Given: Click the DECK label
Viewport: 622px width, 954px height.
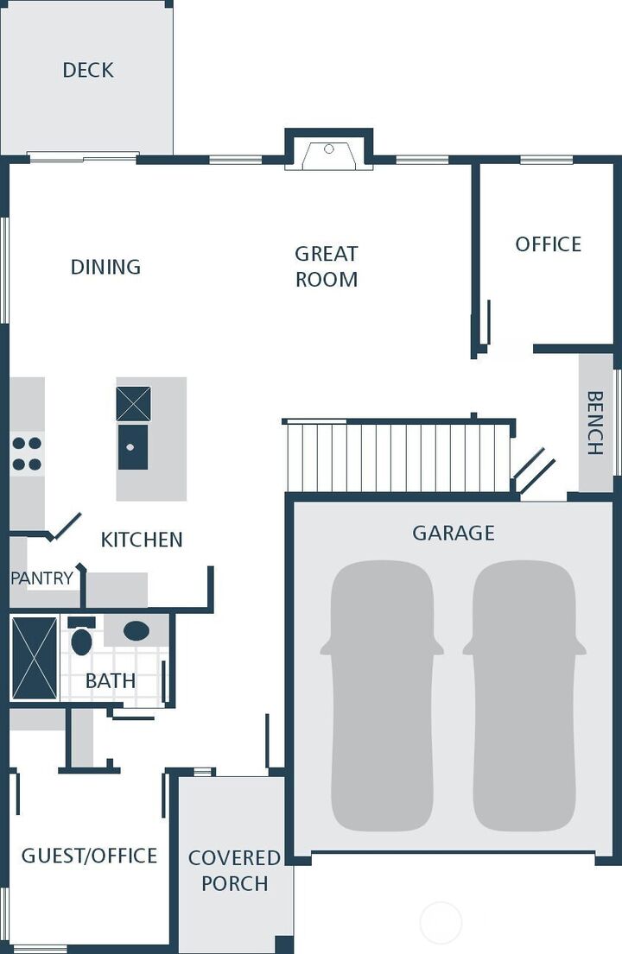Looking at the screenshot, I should pos(88,70).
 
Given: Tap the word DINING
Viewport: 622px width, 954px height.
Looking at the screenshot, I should pos(105,267).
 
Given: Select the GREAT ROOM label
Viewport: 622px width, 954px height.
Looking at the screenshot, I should pos(327,266).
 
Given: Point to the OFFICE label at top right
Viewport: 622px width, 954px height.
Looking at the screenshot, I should pos(548,244).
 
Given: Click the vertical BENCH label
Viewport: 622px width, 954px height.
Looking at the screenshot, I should pos(595,423).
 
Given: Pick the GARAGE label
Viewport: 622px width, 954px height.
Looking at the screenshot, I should pos(454,533).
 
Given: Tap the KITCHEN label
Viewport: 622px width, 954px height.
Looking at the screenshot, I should pos(142,540).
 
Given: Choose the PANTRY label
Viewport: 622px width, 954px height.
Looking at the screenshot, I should pos(41,578).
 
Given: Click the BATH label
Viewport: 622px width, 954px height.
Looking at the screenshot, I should pos(111,680).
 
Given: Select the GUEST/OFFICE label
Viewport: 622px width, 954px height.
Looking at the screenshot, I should pos(89,856).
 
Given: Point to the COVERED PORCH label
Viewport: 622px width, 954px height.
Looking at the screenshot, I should pos(234,870).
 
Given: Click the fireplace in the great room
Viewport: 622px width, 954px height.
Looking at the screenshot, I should pos(329,155).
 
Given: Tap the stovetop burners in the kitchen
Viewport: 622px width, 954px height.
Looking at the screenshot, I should pos(27,454).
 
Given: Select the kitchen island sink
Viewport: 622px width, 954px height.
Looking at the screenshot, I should pos(132,447).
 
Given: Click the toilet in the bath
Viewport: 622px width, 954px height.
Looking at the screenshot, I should pos(81,639).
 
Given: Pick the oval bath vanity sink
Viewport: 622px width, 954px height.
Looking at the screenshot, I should pos(136,630).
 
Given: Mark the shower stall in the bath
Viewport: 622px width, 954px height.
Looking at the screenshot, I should pos(35,658).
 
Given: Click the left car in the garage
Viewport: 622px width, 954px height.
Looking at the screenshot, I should pos(382,695).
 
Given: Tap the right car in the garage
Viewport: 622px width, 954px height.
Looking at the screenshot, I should pos(524,695).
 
